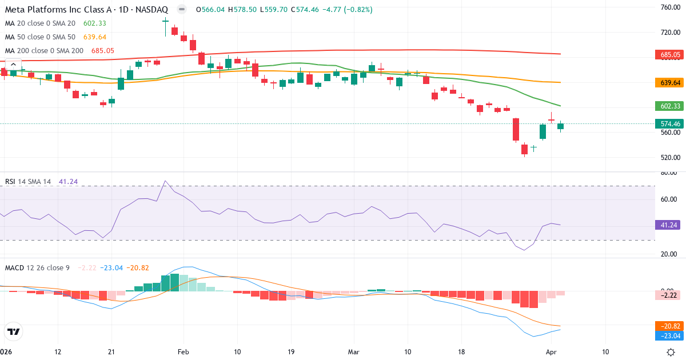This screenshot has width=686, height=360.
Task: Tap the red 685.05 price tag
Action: [669, 55]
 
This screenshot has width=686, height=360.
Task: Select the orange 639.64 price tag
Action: [669, 83]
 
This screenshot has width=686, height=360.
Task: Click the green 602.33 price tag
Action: [669, 106]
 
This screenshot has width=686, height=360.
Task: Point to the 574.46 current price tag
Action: [669, 123]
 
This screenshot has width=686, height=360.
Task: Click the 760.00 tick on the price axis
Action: [669, 7]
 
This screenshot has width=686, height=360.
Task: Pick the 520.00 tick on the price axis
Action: [669, 158]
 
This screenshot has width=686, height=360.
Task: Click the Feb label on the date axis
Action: [184, 351]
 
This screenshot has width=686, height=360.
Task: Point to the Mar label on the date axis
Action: [353, 351]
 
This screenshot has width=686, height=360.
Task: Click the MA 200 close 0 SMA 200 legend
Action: [44, 51]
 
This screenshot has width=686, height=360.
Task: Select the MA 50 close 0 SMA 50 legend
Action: [39, 37]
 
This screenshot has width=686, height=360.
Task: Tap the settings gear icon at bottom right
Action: [672, 351]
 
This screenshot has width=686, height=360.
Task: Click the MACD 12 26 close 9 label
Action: [37, 267]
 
